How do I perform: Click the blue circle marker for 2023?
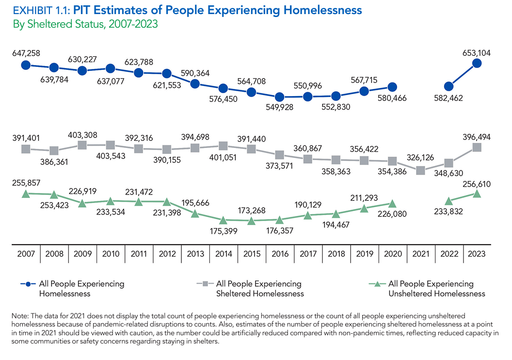click(x=477, y=63)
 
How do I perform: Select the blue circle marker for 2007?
click(x=26, y=65)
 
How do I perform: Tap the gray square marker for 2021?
click(x=421, y=170)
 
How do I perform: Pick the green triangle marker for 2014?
click(x=223, y=220)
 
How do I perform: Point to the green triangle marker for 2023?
click(x=477, y=194)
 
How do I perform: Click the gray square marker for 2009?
click(x=82, y=145)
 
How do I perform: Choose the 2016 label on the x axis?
click(x=280, y=254)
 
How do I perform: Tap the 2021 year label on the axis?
click(x=421, y=254)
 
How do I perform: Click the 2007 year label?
click(x=26, y=254)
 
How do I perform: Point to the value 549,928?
click(x=280, y=107)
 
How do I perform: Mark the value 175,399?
click(x=223, y=231)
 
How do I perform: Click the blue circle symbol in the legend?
click(x=29, y=284)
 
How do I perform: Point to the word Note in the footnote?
click(x=19, y=316)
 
